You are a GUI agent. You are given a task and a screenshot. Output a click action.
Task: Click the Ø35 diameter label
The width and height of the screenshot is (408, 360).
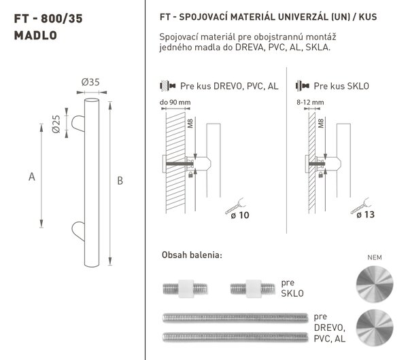(90, 82)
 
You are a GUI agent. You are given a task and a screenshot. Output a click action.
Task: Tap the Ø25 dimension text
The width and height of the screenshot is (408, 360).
(56, 124)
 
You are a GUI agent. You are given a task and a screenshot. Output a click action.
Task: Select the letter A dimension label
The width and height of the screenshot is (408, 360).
(32, 177)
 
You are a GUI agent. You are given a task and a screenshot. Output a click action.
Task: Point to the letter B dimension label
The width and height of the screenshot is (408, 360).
(120, 181)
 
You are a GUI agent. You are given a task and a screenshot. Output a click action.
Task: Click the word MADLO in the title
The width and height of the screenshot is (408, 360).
(35, 35)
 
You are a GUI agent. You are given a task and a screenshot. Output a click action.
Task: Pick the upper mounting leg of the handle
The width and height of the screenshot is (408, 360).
(78, 123)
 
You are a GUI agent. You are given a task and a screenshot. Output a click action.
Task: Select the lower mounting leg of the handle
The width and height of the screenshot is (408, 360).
(78, 231)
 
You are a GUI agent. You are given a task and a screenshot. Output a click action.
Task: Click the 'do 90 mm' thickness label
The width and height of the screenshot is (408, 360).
(175, 103)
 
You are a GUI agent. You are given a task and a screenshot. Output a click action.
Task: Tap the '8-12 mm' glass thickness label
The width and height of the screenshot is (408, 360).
(310, 103)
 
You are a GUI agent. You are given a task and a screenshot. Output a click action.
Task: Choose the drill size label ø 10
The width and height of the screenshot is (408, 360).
(240, 215)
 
